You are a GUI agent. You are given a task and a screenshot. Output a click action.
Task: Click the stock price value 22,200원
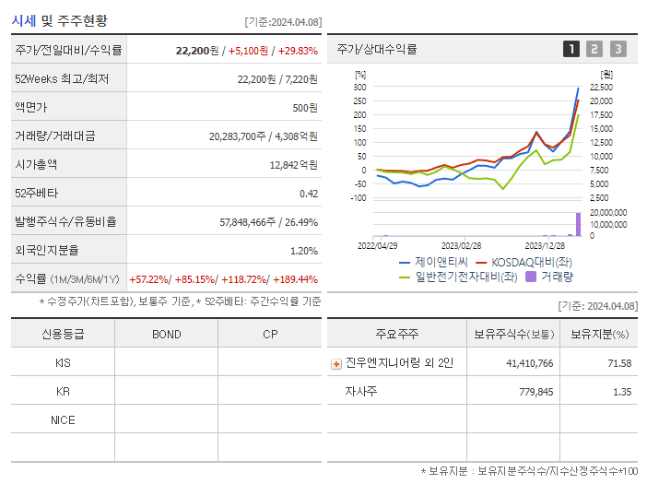tap(195, 51)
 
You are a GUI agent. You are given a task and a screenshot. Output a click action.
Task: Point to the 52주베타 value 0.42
tap(308, 194)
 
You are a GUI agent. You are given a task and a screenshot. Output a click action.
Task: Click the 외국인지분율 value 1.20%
tap(303, 251)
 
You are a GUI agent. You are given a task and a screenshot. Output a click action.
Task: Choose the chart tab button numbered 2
tap(594, 49)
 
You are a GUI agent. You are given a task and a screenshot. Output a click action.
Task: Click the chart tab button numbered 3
tap(618, 49)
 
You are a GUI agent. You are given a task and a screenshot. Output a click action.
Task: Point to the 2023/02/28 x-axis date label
tap(461, 246)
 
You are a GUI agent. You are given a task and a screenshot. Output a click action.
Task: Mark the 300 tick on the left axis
tap(359, 87)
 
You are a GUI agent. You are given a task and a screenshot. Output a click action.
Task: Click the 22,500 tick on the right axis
tap(601, 87)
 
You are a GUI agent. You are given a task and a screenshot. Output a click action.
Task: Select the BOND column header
tap(166, 334)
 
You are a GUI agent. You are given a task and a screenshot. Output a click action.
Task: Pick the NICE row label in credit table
tap(63, 419)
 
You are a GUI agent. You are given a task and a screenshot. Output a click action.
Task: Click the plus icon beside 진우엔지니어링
tap(335, 363)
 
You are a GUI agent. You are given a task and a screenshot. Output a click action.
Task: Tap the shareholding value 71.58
tap(619, 363)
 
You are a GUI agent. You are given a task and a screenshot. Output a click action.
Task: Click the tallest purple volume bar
tap(579, 224)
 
